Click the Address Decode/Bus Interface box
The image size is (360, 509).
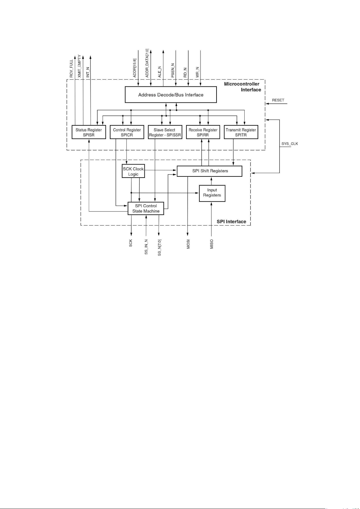coord(171,95)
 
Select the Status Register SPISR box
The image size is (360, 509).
coord(89,132)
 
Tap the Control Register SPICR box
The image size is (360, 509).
coord(127,132)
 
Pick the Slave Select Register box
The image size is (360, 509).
coord(165,132)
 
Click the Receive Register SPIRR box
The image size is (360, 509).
coord(203,132)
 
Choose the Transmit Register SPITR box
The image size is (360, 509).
coord(241,132)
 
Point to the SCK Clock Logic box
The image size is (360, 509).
coord(133,171)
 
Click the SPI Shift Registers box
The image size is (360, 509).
coord(209,171)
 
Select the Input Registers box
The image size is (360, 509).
coord(212,193)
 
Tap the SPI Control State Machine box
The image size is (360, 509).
coord(146,208)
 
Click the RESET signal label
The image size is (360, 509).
coord(278,100)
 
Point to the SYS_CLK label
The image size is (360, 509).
coord(290,144)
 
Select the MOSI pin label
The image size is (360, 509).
coord(188,244)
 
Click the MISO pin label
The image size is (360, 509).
coord(212,244)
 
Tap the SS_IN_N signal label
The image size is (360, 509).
coord(146,247)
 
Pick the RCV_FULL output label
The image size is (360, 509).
coord(71,69)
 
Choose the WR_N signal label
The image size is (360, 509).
coord(198,72)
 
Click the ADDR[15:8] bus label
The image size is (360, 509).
coord(135,68)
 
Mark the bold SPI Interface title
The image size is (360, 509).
coord(231,221)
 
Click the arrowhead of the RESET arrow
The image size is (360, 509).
coord(267,104)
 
